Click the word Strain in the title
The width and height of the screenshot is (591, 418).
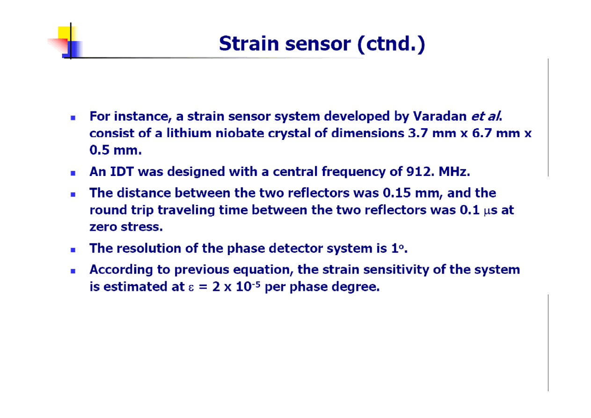click(x=249, y=44)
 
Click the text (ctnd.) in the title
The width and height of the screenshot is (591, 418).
click(x=391, y=44)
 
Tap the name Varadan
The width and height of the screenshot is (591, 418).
click(x=440, y=116)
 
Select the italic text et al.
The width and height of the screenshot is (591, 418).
click(x=487, y=117)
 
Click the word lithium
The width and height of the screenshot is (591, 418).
click(x=189, y=133)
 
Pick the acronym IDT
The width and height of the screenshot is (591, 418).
click(x=122, y=171)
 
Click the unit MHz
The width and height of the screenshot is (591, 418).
click(x=454, y=171)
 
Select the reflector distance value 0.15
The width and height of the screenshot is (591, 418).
click(x=396, y=193)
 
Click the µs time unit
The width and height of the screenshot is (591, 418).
click(x=490, y=211)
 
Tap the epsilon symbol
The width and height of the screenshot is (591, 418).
click(x=191, y=288)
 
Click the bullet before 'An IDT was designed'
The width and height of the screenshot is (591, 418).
click(x=73, y=173)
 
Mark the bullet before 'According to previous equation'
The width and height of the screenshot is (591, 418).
click(x=73, y=271)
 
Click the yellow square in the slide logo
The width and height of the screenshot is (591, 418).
click(x=64, y=33)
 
